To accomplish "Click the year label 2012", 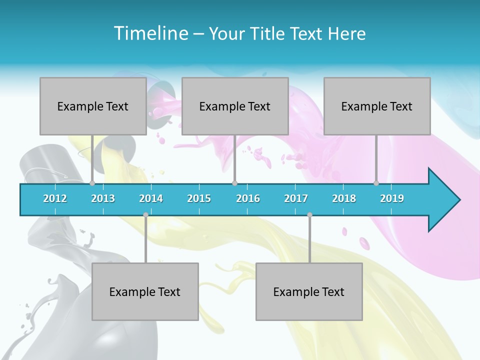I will tap(55, 198).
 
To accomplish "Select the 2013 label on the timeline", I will tap(103, 198).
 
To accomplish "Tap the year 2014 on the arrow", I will tap(151, 198).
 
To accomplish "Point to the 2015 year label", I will tap(199, 198).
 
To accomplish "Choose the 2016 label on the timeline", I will tap(248, 198).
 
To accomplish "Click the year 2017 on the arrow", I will tap(296, 198).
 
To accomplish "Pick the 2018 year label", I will tap(344, 198).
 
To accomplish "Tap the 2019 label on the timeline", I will tap(392, 198).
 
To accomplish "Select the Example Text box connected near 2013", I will tap(93, 106).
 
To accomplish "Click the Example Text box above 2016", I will tap(235, 106).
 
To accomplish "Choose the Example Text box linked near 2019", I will tap(377, 106).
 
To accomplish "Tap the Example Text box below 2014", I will tap(145, 291).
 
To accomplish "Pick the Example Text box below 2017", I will tap(309, 291).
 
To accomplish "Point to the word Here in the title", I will tap(346, 34).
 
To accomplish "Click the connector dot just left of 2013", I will tap(92, 183).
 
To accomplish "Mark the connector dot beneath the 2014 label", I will tap(145, 215).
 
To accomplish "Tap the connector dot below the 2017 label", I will tap(309, 215).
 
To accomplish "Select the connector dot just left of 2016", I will tap(234, 183).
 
